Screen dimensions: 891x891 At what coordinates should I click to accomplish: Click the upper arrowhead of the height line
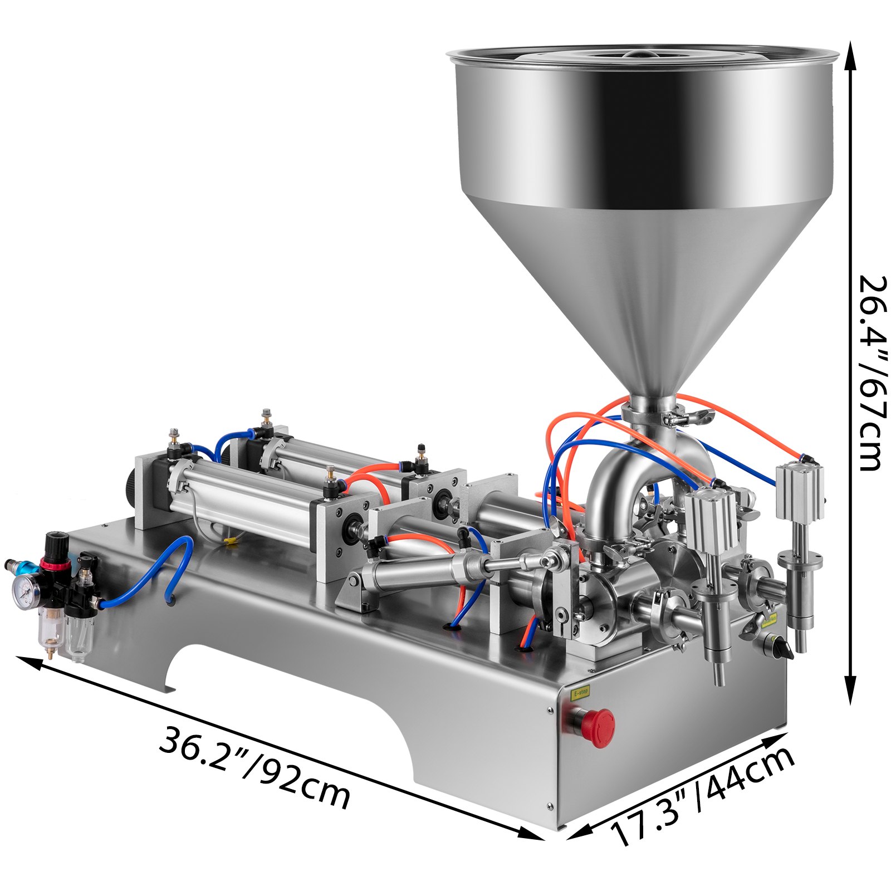[x=850, y=53]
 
